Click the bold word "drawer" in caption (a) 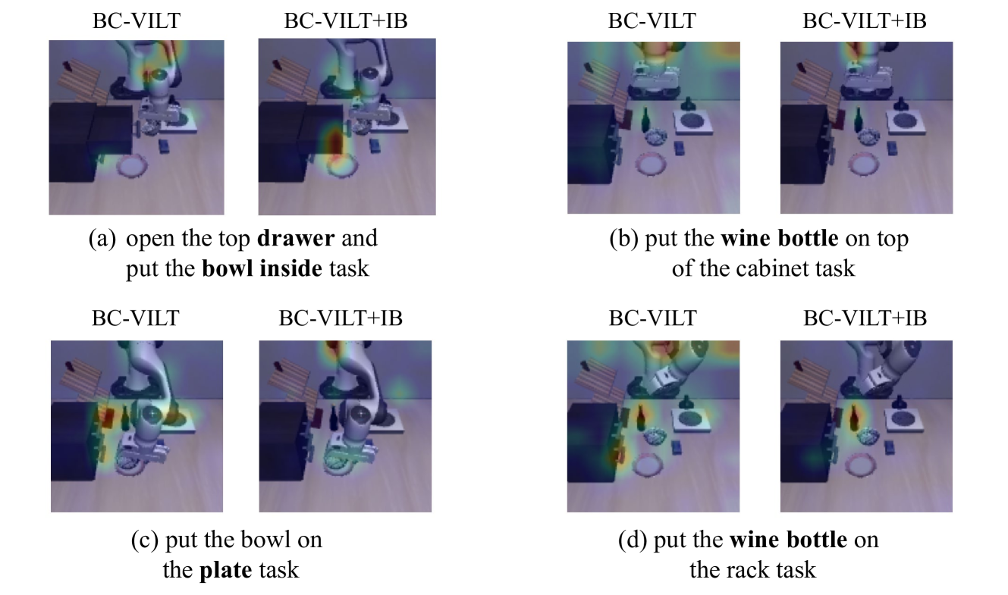tap(296, 238)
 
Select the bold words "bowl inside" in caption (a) tap(262, 268)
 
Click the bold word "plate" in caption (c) tap(226, 570)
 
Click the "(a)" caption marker tap(102, 239)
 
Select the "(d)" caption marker tap(633, 540)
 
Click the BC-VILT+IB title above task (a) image tap(346, 20)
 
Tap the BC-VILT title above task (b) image tap(652, 20)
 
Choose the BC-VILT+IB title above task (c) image tap(341, 318)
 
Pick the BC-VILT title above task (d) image tap(653, 318)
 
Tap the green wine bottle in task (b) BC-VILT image tap(645, 120)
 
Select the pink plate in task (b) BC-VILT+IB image tap(864, 164)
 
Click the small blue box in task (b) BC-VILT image tap(679, 148)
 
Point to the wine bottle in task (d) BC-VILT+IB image tap(853, 418)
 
